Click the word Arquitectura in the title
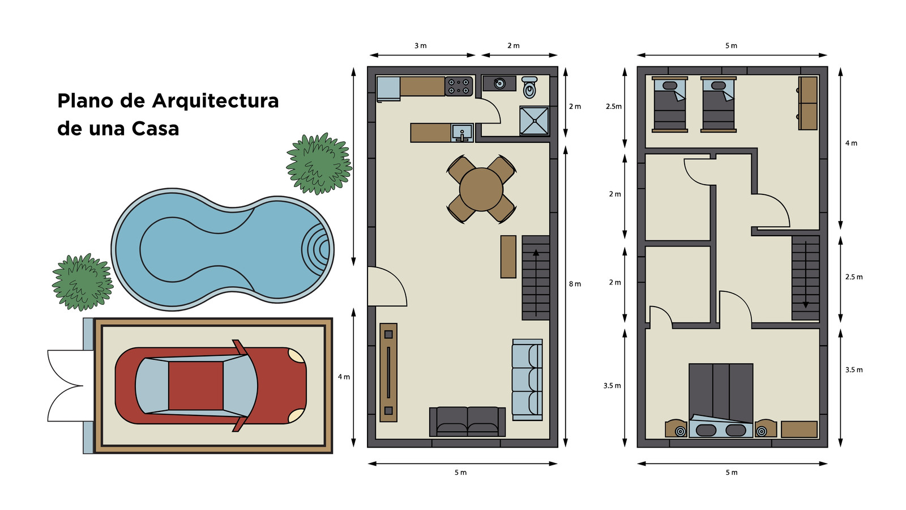pyautogui.click(x=215, y=101)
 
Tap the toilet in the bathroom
pyautogui.click(x=529, y=87)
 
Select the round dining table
pyautogui.click(x=481, y=189)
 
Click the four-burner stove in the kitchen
pyautogui.click(x=459, y=86)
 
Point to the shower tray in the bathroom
pyautogui.click(x=535, y=121)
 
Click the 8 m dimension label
pyautogui.click(x=575, y=284)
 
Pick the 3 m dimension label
pyautogui.click(x=420, y=46)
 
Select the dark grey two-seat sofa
pyautogui.click(x=467, y=422)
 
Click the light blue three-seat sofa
pyautogui.click(x=527, y=380)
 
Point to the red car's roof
pyautogui.click(x=196, y=386)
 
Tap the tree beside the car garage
pyautogui.click(x=83, y=282)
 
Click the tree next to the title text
pyautogui.click(x=319, y=164)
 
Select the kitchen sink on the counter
pyautogui.click(x=462, y=133)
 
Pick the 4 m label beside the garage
pyautogui.click(x=344, y=377)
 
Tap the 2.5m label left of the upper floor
pyautogui.click(x=614, y=107)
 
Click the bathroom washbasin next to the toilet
pyautogui.click(x=499, y=84)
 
